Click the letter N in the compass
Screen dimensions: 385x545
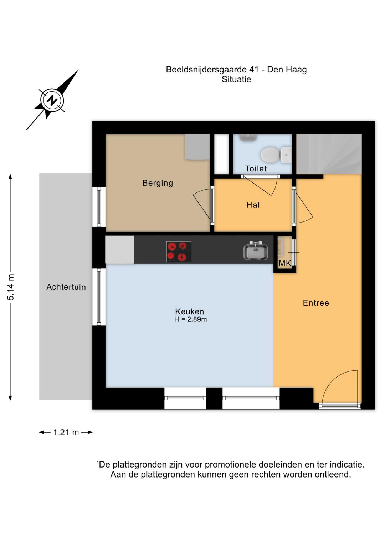coord(52,100)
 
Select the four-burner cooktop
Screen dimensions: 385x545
coord(179,251)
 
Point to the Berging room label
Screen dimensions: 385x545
coord(158,183)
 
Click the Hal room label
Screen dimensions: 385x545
coord(253,205)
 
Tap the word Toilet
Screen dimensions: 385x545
coord(256,169)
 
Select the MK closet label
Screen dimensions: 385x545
coord(285,263)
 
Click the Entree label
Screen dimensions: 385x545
coord(316,303)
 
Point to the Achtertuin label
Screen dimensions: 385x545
coord(66,287)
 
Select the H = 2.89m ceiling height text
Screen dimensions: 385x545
coord(190,319)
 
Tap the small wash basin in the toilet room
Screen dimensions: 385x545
coord(248,138)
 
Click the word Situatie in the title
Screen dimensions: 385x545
coord(236,80)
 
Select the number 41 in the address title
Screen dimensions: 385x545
coord(254,70)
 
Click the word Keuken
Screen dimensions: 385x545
coord(189,311)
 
